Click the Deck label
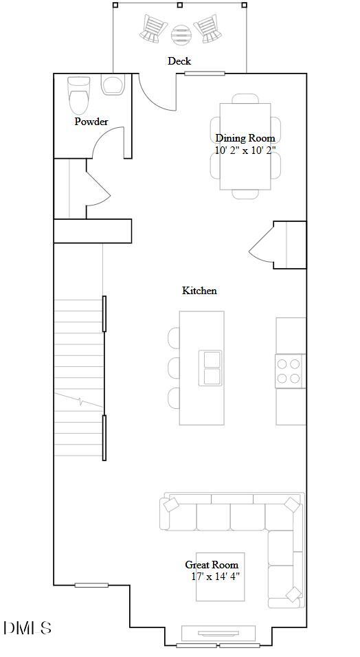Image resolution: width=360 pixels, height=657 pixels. click(179, 61)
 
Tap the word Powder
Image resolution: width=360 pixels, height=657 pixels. click(91, 122)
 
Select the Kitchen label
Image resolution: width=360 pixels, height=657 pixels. click(199, 291)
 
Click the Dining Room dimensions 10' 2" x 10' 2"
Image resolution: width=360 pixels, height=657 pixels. click(245, 150)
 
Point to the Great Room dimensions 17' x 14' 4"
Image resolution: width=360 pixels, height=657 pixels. click(216, 577)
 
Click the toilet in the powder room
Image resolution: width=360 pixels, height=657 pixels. click(79, 97)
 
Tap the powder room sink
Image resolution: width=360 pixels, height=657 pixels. click(112, 85)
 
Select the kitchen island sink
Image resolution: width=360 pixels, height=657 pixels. click(210, 368)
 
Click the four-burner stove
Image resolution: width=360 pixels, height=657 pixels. click(290, 371)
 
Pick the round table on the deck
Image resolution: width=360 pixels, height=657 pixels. click(181, 32)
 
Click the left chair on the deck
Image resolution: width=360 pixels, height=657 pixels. click(154, 29)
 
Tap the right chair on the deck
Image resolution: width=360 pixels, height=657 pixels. click(207, 29)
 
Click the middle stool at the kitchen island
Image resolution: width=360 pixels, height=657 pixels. click(175, 368)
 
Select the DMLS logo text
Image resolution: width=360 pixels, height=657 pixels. click(27, 627)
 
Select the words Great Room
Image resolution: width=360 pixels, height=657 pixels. click(212, 565)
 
